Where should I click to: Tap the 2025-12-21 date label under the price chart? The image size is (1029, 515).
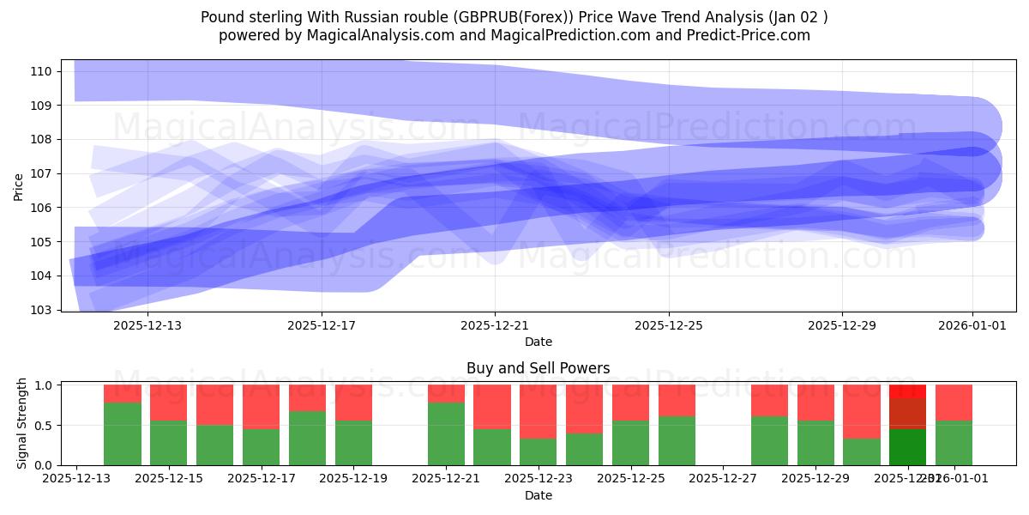[495, 326]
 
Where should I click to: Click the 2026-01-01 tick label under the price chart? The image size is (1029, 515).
[972, 326]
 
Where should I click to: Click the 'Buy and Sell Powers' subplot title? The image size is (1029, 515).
[538, 368]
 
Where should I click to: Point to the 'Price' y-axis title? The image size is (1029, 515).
[19, 185]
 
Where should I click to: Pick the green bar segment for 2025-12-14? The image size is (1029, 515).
[123, 433]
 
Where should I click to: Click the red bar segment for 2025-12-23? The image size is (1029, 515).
[539, 411]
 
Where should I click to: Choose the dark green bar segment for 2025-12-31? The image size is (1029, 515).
[907, 447]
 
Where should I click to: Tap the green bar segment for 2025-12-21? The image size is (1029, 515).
[446, 433]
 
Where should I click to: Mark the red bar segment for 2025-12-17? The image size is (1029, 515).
[261, 407]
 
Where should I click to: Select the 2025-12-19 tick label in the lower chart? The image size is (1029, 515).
[353, 479]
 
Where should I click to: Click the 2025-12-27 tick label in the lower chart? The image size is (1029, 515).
[724, 479]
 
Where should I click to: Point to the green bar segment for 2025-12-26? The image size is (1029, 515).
[677, 440]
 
